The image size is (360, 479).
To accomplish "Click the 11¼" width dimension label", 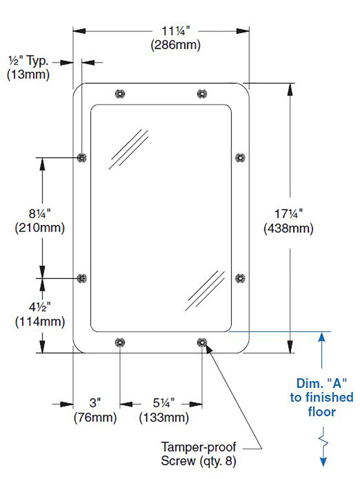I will (176, 31).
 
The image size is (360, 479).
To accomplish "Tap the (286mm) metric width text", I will (176, 45).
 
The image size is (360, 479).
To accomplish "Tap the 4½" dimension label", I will (40, 307).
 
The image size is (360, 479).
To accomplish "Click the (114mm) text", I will (40, 322).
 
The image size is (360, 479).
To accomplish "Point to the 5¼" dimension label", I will (163, 403).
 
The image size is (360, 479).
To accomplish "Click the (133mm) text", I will (164, 418).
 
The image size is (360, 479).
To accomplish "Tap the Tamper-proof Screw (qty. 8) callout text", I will (198, 454).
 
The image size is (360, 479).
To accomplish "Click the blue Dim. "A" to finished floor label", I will (321, 397).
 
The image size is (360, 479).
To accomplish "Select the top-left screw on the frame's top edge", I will (120, 93).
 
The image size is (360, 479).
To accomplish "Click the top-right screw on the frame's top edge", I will (202, 93).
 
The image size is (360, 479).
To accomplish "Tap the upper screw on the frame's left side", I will (82, 158).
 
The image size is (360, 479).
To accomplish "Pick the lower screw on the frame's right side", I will (240, 278).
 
